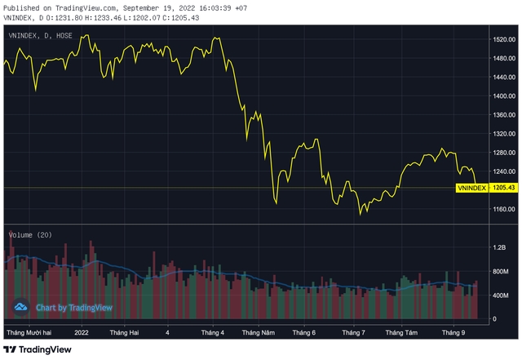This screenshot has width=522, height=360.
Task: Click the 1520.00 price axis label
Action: [x=504, y=39]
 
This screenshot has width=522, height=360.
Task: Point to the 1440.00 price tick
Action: [x=504, y=77]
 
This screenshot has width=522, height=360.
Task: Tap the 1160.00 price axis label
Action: [x=504, y=209]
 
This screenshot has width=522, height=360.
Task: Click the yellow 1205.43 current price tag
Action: [x=504, y=188]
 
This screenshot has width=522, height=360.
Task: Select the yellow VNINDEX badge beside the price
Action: [x=472, y=188]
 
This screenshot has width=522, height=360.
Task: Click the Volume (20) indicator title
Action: [x=30, y=234]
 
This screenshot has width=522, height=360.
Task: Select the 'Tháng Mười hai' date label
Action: [x=29, y=333]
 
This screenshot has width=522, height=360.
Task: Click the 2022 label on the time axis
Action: [x=82, y=333]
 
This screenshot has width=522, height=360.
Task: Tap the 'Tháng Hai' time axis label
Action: [x=124, y=333]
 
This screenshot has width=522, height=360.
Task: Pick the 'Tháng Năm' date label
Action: [x=258, y=333]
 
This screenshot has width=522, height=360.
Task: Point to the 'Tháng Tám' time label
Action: [x=401, y=333]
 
